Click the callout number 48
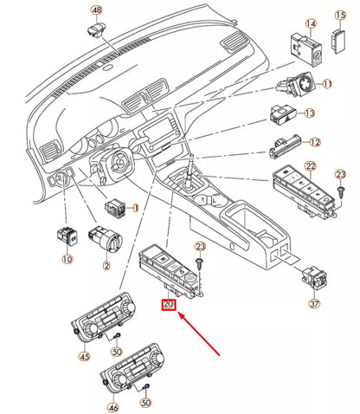coord(97,11)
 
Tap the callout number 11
coord(327,84)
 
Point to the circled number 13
coord(308,113)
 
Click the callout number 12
coord(314,142)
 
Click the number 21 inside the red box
coord(169,305)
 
